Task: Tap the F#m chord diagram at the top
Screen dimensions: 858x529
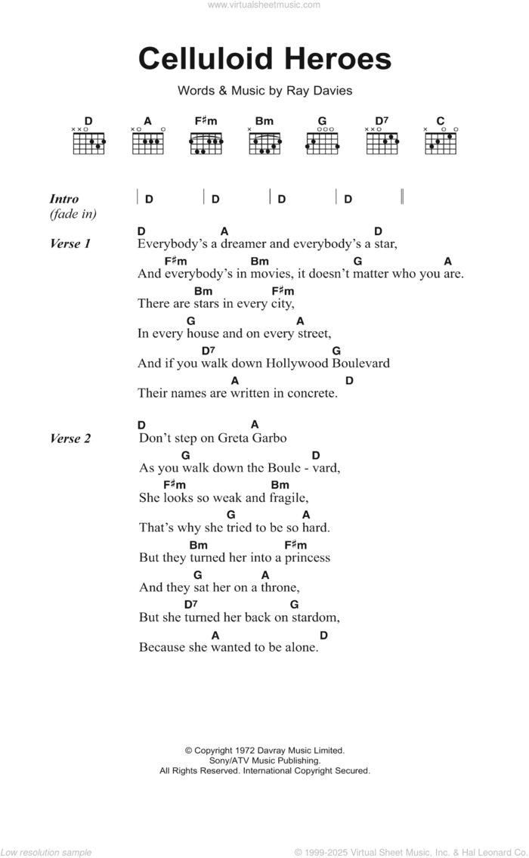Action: [206, 141]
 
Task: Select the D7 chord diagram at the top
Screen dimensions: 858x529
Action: [382, 141]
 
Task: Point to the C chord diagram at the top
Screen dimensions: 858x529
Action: [441, 141]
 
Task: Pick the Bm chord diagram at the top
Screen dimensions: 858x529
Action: [264, 141]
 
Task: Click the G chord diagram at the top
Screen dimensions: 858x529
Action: [322, 141]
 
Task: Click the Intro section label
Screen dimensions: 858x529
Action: [64, 200]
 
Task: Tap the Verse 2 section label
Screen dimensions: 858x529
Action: [70, 438]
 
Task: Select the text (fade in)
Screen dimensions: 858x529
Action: [73, 215]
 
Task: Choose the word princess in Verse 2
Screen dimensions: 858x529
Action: [304, 558]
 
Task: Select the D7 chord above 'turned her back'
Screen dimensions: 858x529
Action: [190, 605]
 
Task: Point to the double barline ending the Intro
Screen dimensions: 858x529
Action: [403, 198]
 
